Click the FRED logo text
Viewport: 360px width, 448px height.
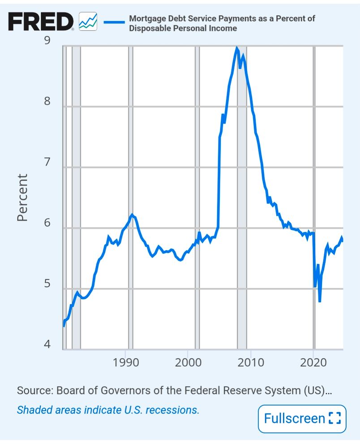click(41, 22)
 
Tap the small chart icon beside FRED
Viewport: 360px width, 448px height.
click(88, 22)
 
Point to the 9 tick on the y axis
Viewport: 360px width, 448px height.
click(47, 41)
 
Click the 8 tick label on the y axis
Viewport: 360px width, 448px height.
click(47, 101)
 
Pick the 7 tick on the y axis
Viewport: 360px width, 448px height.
click(47, 162)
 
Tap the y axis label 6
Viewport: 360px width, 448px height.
click(47, 223)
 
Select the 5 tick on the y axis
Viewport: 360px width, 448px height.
click(47, 284)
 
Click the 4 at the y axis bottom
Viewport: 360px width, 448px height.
click(47, 345)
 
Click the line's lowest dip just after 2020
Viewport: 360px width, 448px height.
click(320, 301)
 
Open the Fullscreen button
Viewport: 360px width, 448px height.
click(302, 418)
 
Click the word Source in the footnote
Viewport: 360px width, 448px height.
click(34, 390)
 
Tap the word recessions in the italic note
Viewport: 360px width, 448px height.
click(173, 409)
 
